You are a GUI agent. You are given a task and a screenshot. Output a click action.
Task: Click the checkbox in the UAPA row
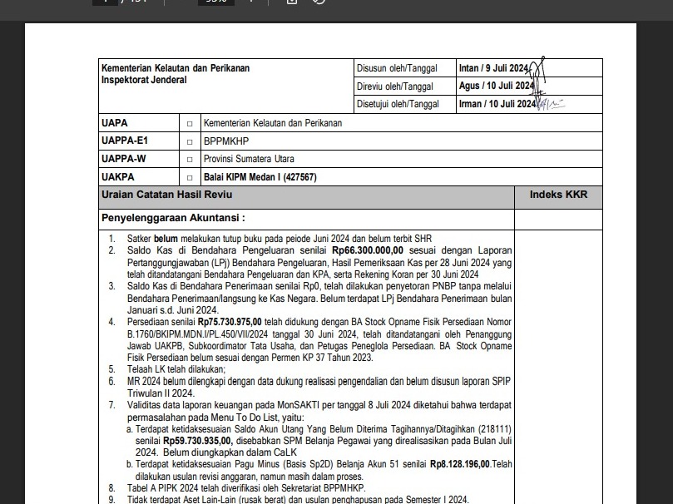pyautogui.click(x=190, y=123)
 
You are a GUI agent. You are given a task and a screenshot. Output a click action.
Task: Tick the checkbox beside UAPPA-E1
pyautogui.click(x=190, y=141)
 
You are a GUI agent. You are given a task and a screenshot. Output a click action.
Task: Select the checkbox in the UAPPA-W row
pyautogui.click(x=190, y=159)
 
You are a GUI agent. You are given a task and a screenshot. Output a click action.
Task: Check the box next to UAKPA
pyautogui.click(x=190, y=177)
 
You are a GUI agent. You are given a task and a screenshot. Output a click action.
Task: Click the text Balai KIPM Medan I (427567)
pyautogui.click(x=260, y=177)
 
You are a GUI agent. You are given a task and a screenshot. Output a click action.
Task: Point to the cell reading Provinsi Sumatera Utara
pyautogui.click(x=249, y=159)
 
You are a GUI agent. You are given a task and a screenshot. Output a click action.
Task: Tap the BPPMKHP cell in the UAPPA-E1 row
pyautogui.click(x=226, y=141)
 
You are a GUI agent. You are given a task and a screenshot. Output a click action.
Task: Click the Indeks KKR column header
pyautogui.click(x=558, y=195)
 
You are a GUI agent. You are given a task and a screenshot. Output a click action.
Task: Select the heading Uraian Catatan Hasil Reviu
pyautogui.click(x=166, y=195)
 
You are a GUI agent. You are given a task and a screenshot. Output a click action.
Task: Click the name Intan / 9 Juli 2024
pyautogui.click(x=493, y=68)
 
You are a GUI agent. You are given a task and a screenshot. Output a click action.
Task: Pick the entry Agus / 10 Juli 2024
pyautogui.click(x=496, y=86)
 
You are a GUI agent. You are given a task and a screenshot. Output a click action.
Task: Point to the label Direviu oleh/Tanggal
pyautogui.click(x=394, y=86)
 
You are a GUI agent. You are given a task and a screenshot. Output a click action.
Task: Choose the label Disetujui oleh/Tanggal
pyautogui.click(x=397, y=104)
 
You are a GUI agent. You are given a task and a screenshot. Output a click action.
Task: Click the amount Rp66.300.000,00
pyautogui.click(x=368, y=250)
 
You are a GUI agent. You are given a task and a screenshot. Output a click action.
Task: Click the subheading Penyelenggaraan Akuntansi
pyautogui.click(x=173, y=219)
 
